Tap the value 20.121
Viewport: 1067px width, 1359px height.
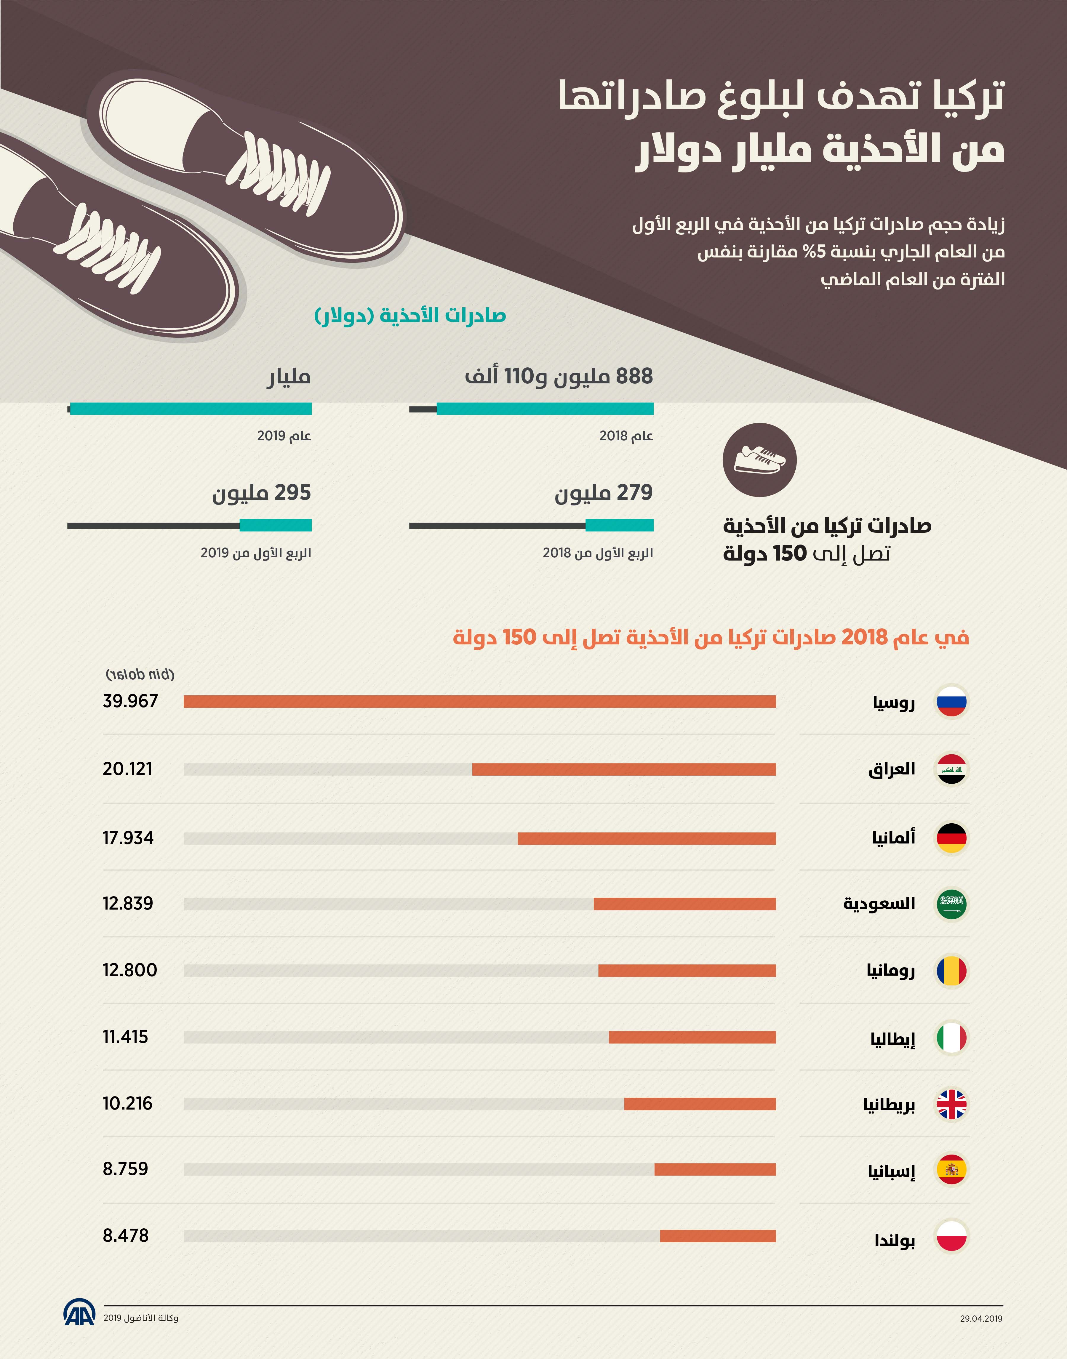pos(127,769)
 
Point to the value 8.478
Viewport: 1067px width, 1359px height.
pos(126,1235)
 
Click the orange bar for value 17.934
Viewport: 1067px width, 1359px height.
pos(647,838)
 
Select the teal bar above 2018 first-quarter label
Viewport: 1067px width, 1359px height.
pos(619,525)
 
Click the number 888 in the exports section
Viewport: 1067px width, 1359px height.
pos(634,376)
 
